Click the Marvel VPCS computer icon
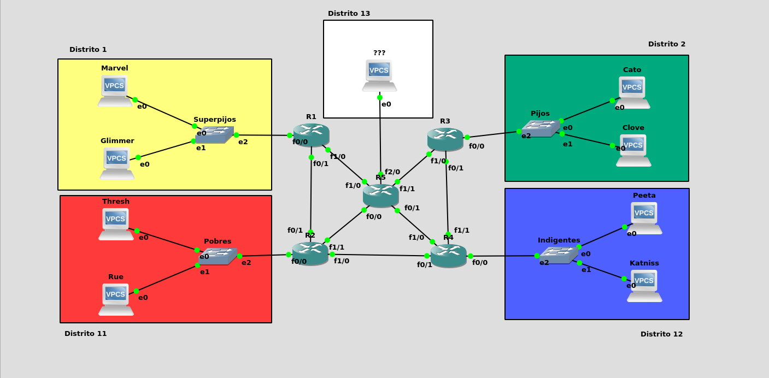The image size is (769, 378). click(x=115, y=90)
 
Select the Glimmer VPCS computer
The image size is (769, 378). click(x=117, y=163)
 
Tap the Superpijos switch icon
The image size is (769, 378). click(x=214, y=134)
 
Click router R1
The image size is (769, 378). click(x=311, y=134)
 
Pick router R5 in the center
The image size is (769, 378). click(x=380, y=196)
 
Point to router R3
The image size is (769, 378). click(x=445, y=139)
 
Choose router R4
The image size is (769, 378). click(x=448, y=256)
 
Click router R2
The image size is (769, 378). click(x=310, y=253)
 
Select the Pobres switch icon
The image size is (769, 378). click(x=218, y=256)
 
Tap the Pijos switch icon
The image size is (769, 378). click(x=541, y=128)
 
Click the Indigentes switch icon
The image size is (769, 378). click(x=559, y=255)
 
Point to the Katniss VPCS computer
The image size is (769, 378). click(x=644, y=285)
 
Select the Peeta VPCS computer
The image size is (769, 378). click(x=646, y=217)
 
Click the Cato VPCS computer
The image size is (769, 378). click(x=634, y=92)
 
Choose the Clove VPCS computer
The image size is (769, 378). click(x=633, y=150)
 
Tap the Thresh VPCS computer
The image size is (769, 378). click(x=116, y=223)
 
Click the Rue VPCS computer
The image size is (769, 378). click(x=116, y=299)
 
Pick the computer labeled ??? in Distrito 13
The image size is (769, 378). click(x=379, y=75)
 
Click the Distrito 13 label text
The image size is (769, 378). click(x=349, y=14)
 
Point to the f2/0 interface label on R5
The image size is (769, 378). click(x=392, y=172)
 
